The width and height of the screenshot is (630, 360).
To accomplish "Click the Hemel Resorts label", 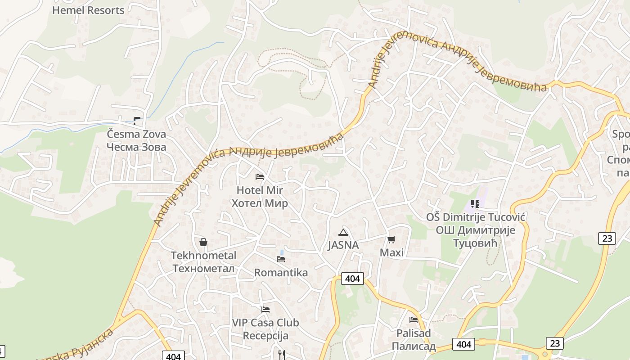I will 88,10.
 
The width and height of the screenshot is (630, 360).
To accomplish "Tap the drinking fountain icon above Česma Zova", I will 137,121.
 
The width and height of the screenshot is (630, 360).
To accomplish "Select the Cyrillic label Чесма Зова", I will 136,147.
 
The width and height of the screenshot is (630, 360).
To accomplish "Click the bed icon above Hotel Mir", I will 260,176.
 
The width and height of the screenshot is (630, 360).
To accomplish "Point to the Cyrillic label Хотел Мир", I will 260,203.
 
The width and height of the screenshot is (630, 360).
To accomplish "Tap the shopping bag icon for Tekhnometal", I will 203,242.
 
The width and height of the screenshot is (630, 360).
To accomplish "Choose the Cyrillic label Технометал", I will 203,269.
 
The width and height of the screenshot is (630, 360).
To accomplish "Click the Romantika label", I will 281,273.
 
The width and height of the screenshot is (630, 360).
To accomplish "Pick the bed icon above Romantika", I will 281,259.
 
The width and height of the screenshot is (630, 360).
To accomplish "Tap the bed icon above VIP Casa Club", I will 265,309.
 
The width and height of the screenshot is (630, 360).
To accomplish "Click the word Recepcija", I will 265,336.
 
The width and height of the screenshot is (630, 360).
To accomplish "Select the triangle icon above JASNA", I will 343,232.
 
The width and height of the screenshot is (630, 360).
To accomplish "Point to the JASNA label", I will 343,245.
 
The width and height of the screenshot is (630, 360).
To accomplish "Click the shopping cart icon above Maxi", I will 391,239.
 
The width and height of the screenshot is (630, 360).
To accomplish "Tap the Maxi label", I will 391,252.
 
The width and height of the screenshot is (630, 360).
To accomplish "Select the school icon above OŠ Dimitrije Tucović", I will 475,204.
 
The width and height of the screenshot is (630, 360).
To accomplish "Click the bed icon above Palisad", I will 414,320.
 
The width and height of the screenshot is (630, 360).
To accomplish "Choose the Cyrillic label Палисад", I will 414,346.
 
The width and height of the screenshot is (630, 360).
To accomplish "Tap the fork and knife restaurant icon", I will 282,355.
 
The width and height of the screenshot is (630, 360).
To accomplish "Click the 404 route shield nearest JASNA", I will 352,279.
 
